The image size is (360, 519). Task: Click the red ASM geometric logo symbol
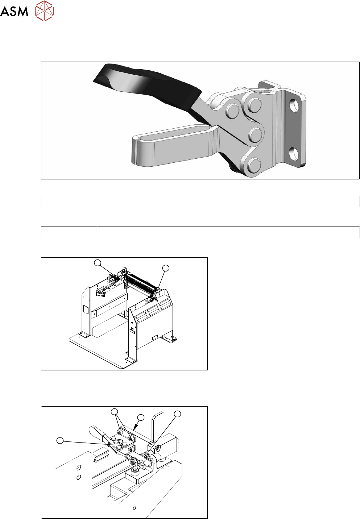click(x=44, y=11)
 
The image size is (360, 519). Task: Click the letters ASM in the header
click(x=14, y=11)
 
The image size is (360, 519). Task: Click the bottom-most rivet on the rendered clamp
click(x=254, y=165)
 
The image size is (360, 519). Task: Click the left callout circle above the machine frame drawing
click(x=98, y=263)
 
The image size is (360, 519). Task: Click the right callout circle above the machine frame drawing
click(x=166, y=268)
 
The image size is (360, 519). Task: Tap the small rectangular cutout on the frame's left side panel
click(x=86, y=310)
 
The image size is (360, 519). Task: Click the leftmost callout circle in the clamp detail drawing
click(x=60, y=440)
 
